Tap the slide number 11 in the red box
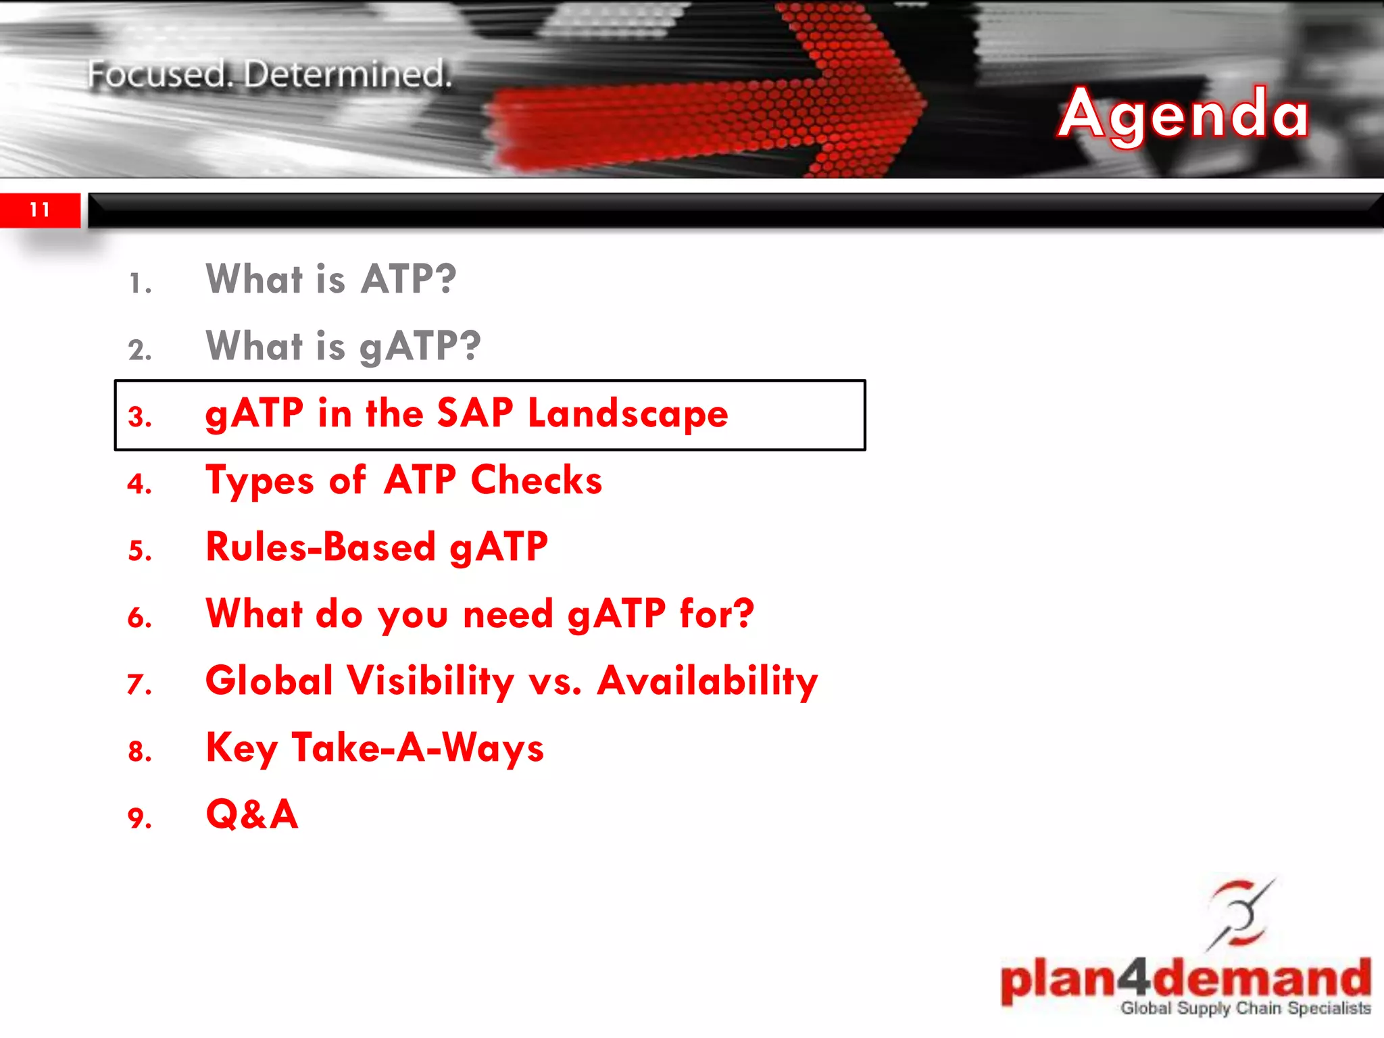coord(40,209)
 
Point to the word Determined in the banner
coord(347,74)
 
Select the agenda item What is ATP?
coord(331,278)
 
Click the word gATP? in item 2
coord(420,347)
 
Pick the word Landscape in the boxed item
coord(628,414)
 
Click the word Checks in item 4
coord(536,480)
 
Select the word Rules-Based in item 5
coord(321,547)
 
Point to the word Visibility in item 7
coord(430,681)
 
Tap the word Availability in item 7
coord(707,681)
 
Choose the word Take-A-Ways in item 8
coord(418,748)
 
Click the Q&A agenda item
coord(252,814)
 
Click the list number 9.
coord(139,818)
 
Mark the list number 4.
coord(139,484)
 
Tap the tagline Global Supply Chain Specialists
coord(1245,1008)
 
